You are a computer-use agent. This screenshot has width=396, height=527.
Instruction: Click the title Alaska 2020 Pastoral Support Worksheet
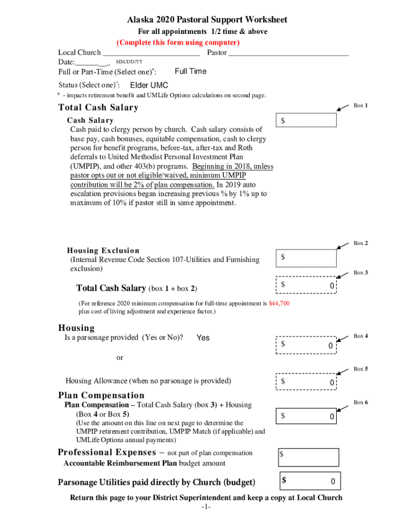point(207,20)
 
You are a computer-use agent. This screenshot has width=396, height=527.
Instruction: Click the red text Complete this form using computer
point(178,42)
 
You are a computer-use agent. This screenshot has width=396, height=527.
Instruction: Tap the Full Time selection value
point(190,72)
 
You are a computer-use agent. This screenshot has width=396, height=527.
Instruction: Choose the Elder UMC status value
point(149,85)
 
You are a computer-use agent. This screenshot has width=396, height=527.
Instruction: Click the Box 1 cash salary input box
point(307,120)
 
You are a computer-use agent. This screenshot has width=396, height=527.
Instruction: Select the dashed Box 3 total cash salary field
point(307,285)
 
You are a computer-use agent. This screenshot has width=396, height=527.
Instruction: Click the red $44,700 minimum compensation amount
point(279,304)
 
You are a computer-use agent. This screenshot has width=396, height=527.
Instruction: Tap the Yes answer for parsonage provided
point(203,338)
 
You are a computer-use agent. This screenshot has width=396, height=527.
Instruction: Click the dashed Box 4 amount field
point(307,345)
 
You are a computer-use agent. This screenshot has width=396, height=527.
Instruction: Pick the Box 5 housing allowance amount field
point(307,382)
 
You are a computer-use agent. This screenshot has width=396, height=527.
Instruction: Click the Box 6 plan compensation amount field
point(307,415)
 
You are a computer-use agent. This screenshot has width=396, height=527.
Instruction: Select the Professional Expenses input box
point(309,457)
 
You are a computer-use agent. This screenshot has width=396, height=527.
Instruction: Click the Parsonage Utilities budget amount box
point(309,481)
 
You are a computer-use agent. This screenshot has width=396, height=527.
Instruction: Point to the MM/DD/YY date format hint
point(129,62)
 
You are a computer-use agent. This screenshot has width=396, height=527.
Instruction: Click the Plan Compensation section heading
point(101,395)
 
